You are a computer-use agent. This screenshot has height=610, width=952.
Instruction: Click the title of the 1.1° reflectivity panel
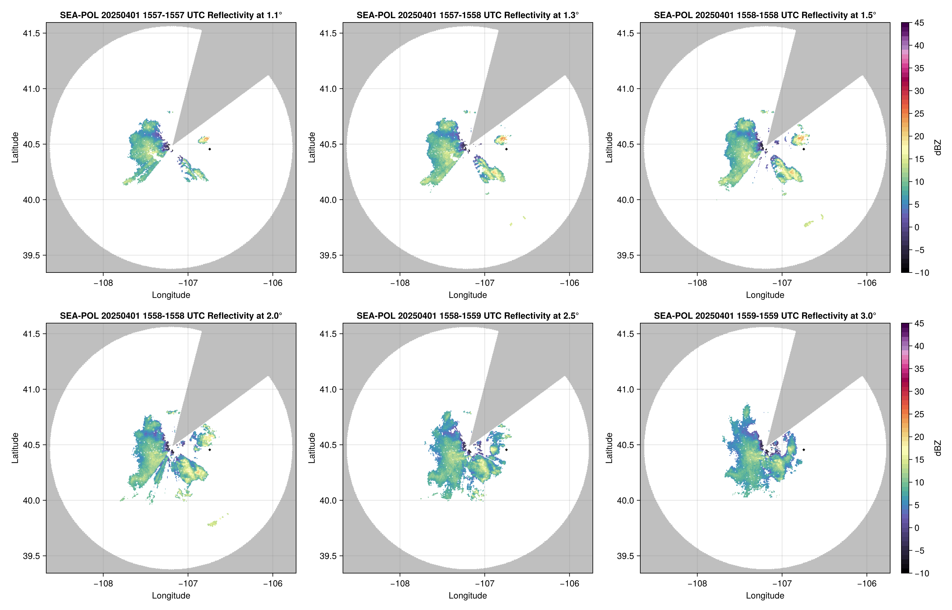click(x=171, y=15)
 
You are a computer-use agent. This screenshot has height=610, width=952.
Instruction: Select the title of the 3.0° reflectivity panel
click(x=765, y=316)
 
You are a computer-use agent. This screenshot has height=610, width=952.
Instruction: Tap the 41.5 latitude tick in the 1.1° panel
click(x=32, y=33)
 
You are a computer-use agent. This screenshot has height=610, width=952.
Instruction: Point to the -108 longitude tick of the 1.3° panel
click(x=400, y=283)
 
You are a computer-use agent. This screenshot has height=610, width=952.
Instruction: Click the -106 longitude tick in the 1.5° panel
click(x=866, y=283)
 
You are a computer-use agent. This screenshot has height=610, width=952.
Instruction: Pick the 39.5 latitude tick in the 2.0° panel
click(x=32, y=556)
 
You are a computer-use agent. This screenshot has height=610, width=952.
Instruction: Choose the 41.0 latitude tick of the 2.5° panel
click(x=329, y=389)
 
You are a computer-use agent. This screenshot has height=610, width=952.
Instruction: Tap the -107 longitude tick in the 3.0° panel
click(x=782, y=583)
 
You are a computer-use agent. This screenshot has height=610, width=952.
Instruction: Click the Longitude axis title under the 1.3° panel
click(x=468, y=295)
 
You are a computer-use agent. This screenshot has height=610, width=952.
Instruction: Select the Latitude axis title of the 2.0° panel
click(x=15, y=448)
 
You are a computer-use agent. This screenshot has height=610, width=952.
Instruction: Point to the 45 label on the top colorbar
click(x=919, y=23)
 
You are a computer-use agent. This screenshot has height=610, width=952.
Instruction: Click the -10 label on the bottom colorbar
click(x=922, y=573)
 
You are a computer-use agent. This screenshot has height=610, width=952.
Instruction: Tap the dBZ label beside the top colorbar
click(x=937, y=147)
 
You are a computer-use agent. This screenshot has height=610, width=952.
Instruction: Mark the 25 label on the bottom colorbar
click(x=919, y=414)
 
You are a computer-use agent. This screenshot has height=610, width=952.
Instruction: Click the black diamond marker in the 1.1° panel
click(x=209, y=149)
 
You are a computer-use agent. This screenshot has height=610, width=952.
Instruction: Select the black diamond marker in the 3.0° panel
click(x=804, y=450)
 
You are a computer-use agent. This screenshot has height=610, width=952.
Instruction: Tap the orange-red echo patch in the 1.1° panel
click(x=204, y=139)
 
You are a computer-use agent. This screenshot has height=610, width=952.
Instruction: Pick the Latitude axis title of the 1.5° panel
click(x=609, y=147)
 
